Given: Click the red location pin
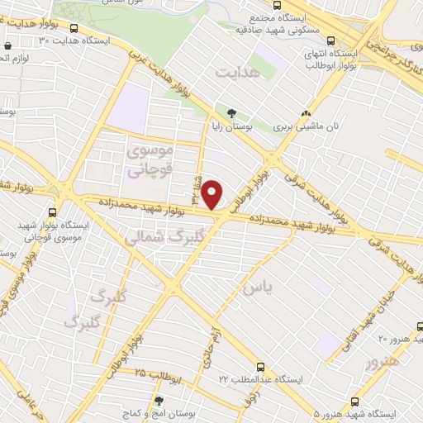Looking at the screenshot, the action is pyautogui.click(x=213, y=194).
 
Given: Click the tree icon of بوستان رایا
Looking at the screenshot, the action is pyautogui.click(x=231, y=115).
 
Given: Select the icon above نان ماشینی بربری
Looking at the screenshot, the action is pyautogui.click(x=307, y=115).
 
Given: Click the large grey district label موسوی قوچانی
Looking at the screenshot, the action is pyautogui.click(x=147, y=162).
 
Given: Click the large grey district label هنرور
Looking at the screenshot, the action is pyautogui.click(x=385, y=362).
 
